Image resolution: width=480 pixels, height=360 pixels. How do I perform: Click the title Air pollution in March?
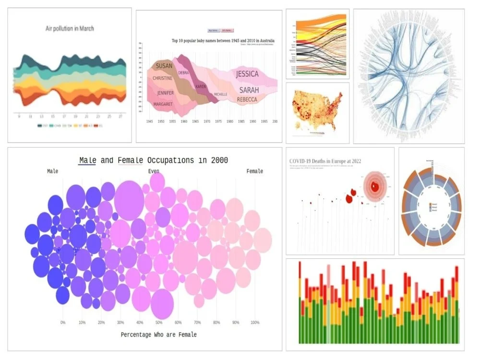coord(70,28)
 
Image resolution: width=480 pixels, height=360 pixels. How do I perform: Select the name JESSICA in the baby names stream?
coord(247,74)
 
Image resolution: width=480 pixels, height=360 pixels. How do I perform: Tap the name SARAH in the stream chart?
coord(249,90)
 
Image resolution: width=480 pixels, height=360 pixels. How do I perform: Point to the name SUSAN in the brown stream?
coord(164,66)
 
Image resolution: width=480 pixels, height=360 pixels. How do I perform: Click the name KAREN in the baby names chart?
coord(201,86)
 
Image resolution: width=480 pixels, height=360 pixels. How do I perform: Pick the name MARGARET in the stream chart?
coord(163,104)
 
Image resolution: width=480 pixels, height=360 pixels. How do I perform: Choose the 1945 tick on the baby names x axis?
coord(149,122)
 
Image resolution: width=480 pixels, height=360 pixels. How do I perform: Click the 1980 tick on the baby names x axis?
coord(229,122)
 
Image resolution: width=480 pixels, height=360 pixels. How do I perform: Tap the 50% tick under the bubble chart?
coord(159,323)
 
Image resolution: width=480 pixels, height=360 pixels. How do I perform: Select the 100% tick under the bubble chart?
coord(255,323)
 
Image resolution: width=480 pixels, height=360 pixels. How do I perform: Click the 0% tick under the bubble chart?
coord(63,323)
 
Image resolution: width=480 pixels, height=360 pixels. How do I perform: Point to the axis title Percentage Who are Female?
coord(158,335)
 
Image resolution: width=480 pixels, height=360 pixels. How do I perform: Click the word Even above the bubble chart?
coord(154,171)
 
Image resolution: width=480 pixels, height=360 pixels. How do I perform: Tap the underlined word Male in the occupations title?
coord(87,160)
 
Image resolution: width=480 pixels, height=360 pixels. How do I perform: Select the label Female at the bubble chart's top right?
coord(254,171)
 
